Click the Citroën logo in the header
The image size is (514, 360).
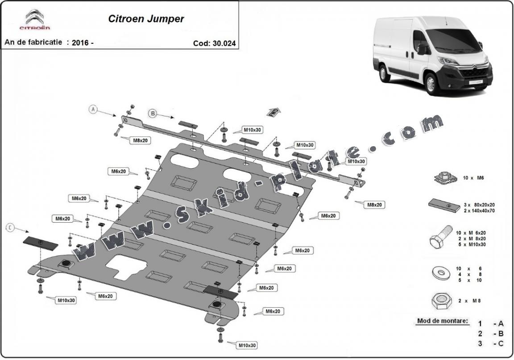[x=34, y=21]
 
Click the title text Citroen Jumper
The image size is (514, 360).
[x=145, y=19]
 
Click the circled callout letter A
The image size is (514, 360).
[x=93, y=109]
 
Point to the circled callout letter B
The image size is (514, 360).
[x=152, y=114]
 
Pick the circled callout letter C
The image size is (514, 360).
[x=9, y=228]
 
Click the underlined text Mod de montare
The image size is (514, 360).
[x=442, y=321]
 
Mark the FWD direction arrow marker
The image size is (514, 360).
[x=274, y=112]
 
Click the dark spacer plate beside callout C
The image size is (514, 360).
[x=40, y=243]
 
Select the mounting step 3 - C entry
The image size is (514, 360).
[x=491, y=343]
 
